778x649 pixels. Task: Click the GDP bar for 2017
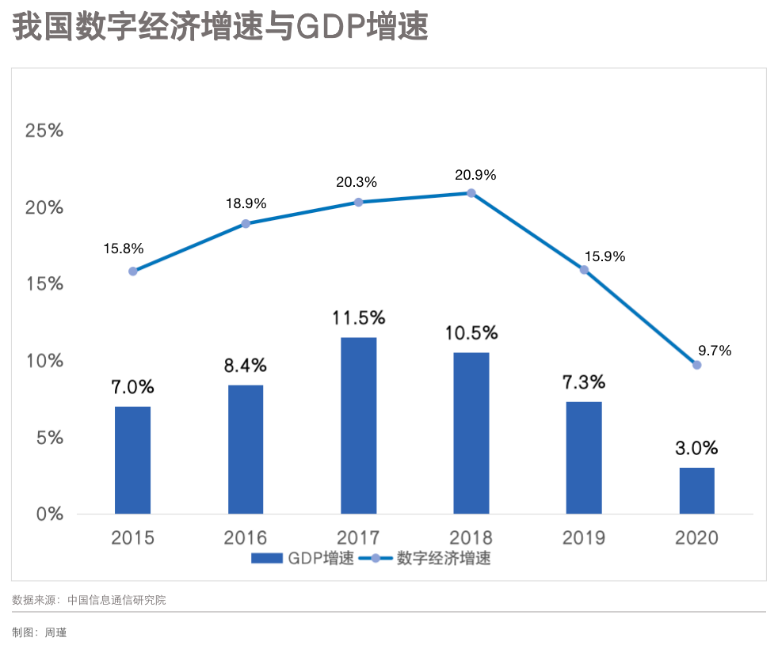point(358,426)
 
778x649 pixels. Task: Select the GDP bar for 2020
point(696,491)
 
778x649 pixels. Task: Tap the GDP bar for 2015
point(132,460)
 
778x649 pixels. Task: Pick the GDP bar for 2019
point(584,457)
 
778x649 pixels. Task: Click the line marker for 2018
point(471,193)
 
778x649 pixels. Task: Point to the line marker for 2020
point(696,365)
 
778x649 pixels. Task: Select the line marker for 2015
point(132,271)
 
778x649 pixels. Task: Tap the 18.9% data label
point(246,203)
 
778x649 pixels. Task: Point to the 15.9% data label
point(605,256)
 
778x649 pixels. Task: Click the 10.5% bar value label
point(472,332)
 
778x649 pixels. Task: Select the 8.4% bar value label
point(246,366)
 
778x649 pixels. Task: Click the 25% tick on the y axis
point(44,131)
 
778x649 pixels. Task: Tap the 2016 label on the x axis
point(246,538)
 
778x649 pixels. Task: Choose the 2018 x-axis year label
point(471,538)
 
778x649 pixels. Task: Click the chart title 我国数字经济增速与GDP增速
point(220,28)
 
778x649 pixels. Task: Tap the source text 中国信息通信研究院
point(116,600)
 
